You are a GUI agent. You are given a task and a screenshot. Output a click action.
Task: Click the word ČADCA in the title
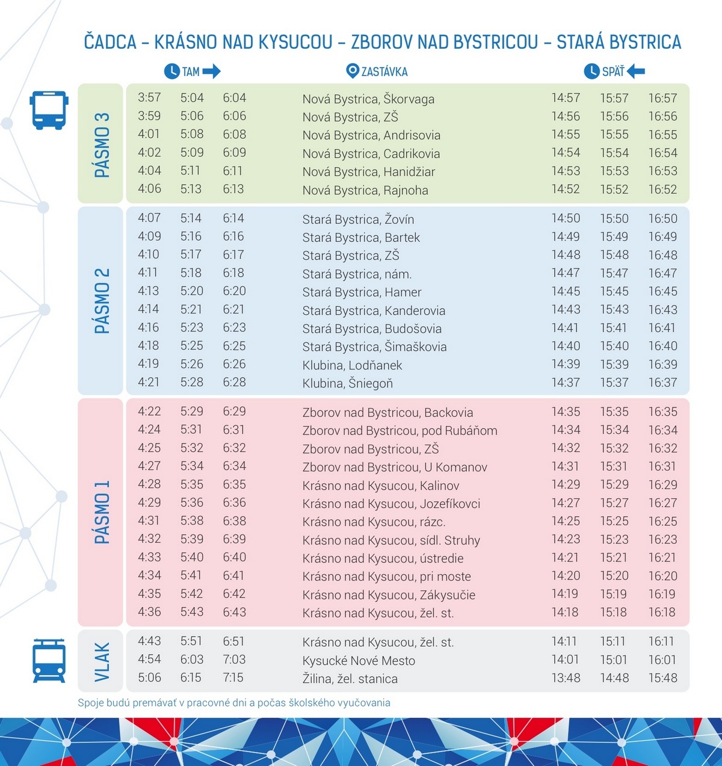110,42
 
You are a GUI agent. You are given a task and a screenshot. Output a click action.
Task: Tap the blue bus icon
49,110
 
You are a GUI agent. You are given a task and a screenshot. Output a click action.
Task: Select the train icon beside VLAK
49,660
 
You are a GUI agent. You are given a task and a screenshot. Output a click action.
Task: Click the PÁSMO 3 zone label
102,144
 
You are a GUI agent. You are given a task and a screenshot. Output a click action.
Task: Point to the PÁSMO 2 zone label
102,301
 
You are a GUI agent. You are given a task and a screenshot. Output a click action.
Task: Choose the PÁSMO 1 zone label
102,512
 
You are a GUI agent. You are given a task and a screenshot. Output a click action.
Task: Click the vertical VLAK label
102,661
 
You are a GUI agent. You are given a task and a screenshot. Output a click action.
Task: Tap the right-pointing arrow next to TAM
212,72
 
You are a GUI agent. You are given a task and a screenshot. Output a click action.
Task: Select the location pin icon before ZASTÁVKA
353,71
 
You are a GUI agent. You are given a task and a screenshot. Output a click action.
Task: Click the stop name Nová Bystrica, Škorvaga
368,99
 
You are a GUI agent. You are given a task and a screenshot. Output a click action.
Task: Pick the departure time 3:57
149,97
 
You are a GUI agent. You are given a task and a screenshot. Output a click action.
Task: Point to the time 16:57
662,98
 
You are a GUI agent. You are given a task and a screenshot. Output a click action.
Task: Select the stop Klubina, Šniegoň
347,383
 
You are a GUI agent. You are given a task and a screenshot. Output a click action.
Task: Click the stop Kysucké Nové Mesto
359,661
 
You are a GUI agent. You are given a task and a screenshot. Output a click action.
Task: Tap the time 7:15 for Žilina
233,678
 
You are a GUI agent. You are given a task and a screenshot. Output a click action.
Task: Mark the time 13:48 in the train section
566,678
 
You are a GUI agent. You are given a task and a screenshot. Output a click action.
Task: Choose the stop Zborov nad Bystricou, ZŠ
371,449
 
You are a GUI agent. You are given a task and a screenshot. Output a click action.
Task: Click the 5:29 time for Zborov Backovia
191,412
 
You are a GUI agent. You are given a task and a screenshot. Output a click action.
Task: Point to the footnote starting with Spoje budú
234,703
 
